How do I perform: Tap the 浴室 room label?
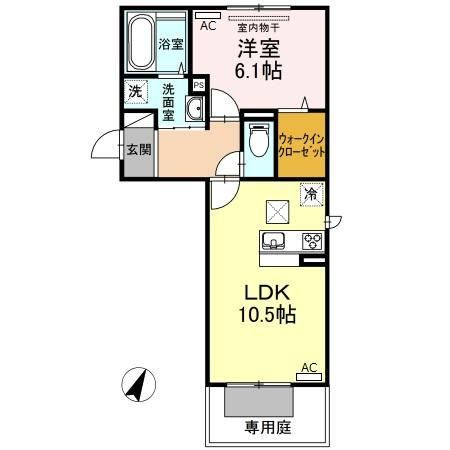pyautogui.click(x=171, y=44)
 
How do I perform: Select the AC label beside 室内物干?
pyautogui.click(x=209, y=28)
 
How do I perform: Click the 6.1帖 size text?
pyautogui.click(x=257, y=71)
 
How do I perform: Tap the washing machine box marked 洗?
pyautogui.click(x=135, y=92)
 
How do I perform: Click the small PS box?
pyautogui.click(x=198, y=85)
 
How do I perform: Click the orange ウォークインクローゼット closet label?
pyautogui.click(x=301, y=145)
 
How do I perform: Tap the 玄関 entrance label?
pyautogui.click(x=139, y=151)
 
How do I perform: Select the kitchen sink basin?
pyautogui.click(x=274, y=241)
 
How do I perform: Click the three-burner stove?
pyautogui.click(x=311, y=241)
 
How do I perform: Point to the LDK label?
pyautogui.click(x=266, y=294)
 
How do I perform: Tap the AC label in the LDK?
pyautogui.click(x=310, y=367)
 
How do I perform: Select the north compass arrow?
pyautogui.click(x=141, y=384)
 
